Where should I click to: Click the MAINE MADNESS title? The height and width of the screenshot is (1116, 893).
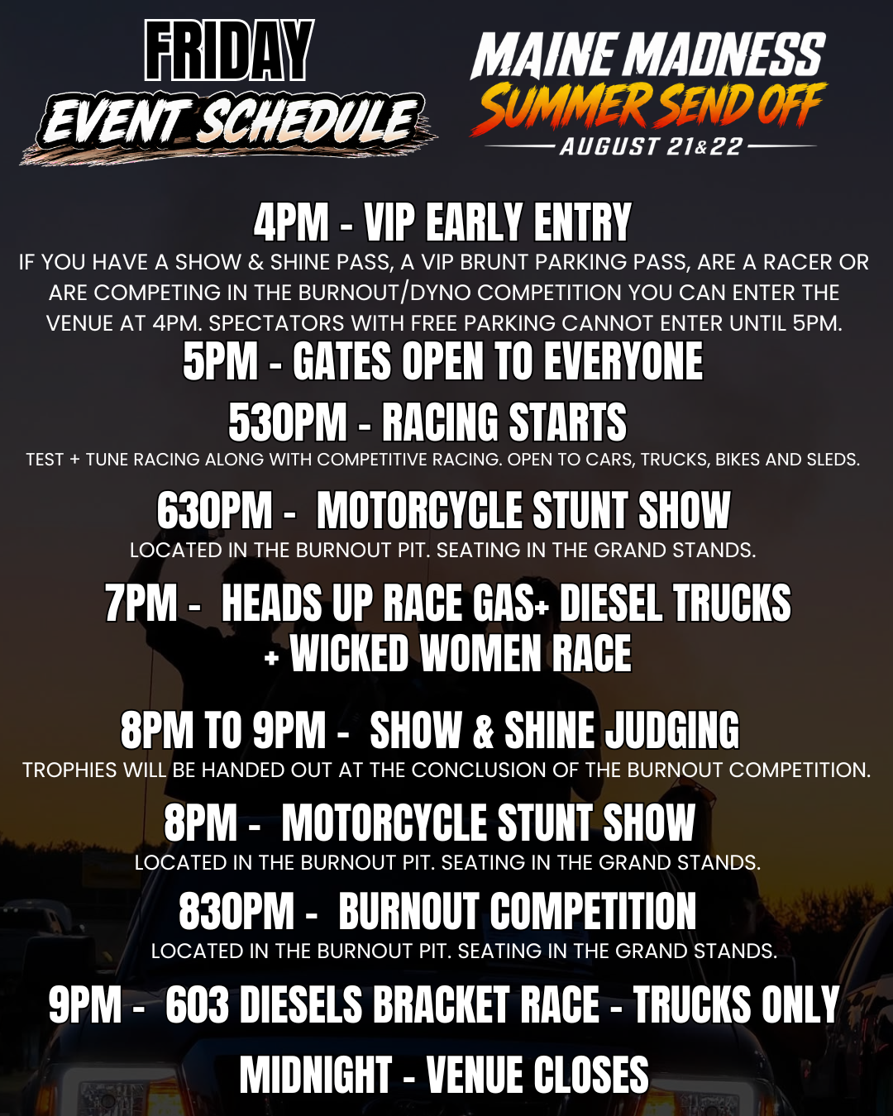point(647,55)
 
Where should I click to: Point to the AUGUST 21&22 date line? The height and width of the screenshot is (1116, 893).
point(651,147)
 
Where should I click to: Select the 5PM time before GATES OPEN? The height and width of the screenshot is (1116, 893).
point(220,361)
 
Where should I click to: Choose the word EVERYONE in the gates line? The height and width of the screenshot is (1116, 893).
point(623,361)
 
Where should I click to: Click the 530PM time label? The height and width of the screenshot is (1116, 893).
point(287,422)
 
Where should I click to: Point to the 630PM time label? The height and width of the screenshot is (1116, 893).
point(215,510)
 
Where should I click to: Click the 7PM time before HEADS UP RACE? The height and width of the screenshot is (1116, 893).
point(141,602)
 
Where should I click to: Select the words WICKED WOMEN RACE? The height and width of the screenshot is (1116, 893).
point(461,653)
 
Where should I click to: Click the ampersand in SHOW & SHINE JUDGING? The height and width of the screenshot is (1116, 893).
point(483,730)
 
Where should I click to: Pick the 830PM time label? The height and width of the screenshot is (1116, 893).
point(236,911)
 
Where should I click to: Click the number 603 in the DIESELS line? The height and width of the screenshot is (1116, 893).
point(197,1004)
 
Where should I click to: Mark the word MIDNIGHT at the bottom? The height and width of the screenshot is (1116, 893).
point(315,1075)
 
